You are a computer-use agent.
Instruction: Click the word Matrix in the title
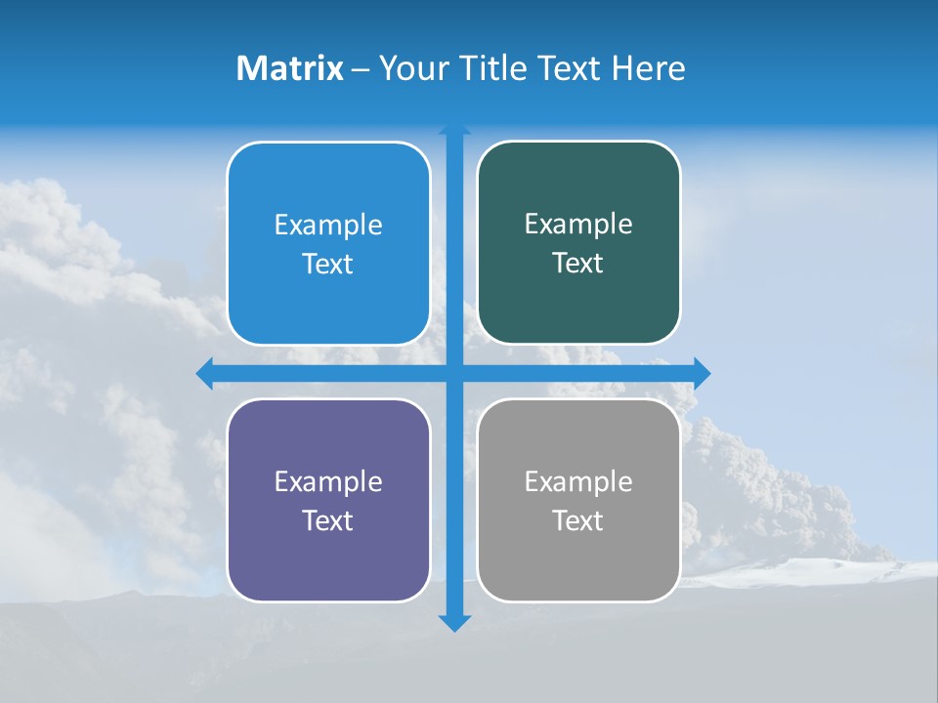289,68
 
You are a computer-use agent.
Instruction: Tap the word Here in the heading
649,68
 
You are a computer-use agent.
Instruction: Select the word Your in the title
411,68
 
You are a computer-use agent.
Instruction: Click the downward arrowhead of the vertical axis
454,623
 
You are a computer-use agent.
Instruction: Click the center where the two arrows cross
454,373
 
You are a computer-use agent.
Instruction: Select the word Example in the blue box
328,226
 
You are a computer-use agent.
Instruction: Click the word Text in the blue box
328,265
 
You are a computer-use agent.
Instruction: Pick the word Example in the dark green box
578,225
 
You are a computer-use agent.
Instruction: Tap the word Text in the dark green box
578,264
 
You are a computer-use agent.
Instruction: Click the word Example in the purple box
328,482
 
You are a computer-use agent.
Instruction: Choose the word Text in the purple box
328,521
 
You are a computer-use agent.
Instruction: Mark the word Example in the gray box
578,482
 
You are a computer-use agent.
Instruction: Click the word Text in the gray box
578,521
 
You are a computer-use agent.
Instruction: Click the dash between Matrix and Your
361,69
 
